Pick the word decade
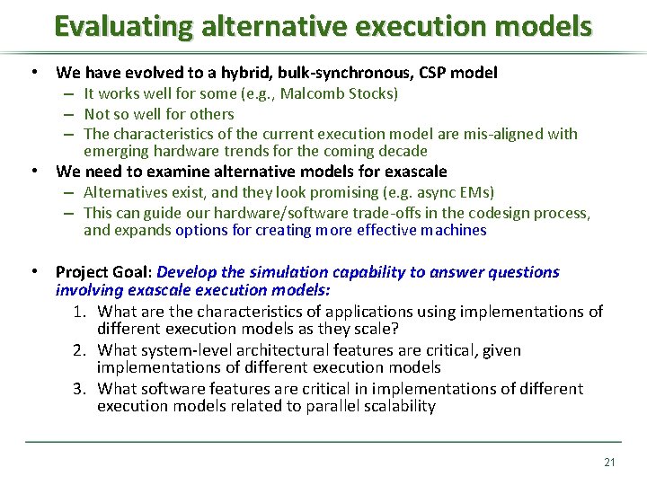coord(401,151)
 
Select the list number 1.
coord(78,312)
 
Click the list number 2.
coord(78,350)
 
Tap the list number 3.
coord(78,389)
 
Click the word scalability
coord(398,406)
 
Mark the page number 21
coord(609,463)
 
